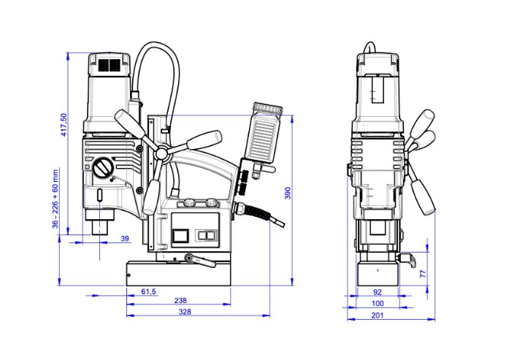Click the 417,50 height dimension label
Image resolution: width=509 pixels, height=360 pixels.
[x=64, y=124]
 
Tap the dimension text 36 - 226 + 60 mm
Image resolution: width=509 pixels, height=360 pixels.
[x=56, y=199]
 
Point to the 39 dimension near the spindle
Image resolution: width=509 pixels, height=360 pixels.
[x=124, y=239]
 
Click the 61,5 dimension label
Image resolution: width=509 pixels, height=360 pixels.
[x=148, y=292]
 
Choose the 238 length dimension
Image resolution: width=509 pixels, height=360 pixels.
[x=180, y=301]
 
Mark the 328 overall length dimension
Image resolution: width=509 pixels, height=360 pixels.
[x=185, y=312]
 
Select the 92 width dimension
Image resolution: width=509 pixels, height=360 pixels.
[x=377, y=292]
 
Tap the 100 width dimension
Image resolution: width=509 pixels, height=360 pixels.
[x=377, y=303]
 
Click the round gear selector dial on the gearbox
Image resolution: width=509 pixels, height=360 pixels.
[x=104, y=169]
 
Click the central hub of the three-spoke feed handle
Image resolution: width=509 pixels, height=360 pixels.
[x=161, y=154]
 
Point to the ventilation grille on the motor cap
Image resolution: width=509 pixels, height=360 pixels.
[x=110, y=66]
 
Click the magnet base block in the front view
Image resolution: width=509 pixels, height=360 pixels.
[x=377, y=275]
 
